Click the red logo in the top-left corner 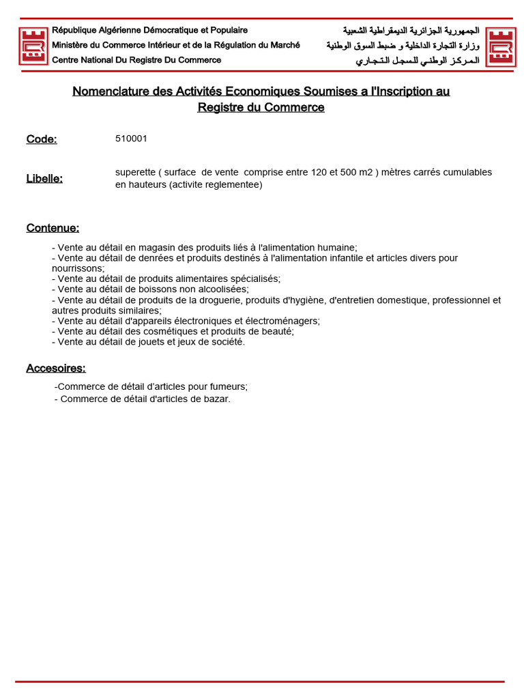pyautogui.click(x=33, y=46)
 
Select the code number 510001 pyautogui.click(x=131, y=139)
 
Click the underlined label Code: pyautogui.click(x=42, y=139)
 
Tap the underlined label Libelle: pyautogui.click(x=44, y=178)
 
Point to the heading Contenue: pyautogui.click(x=53, y=227)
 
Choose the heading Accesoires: pyautogui.click(x=56, y=368)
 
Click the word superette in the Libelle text pyautogui.click(x=134, y=172)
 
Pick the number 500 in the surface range pyautogui.click(x=349, y=172)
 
